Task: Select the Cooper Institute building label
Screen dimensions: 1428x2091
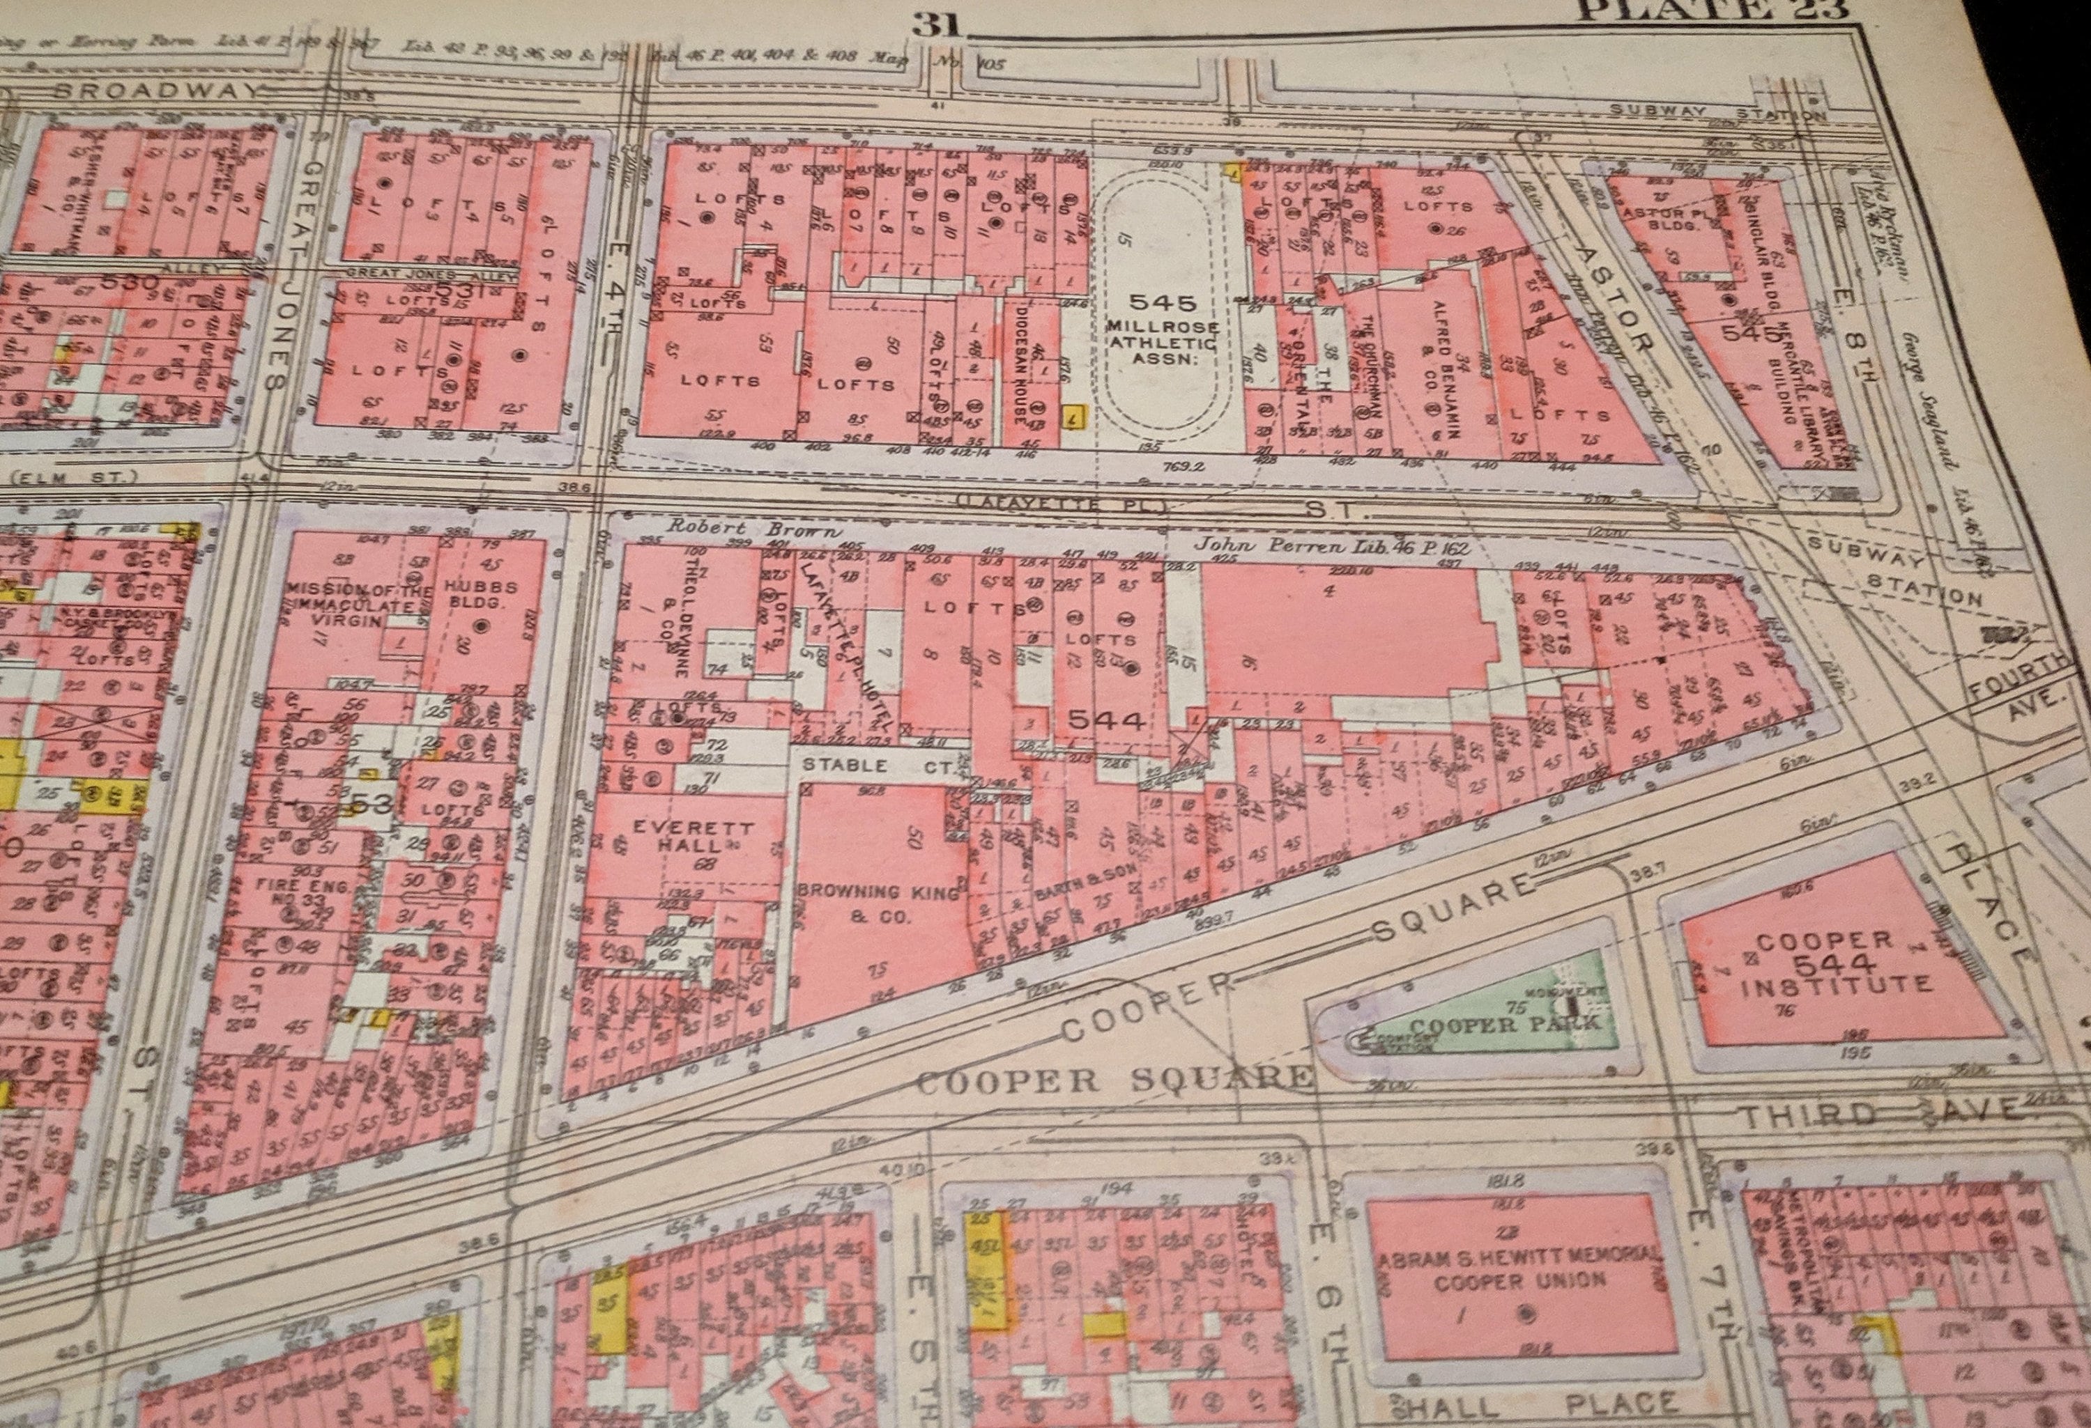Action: [1837, 964]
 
